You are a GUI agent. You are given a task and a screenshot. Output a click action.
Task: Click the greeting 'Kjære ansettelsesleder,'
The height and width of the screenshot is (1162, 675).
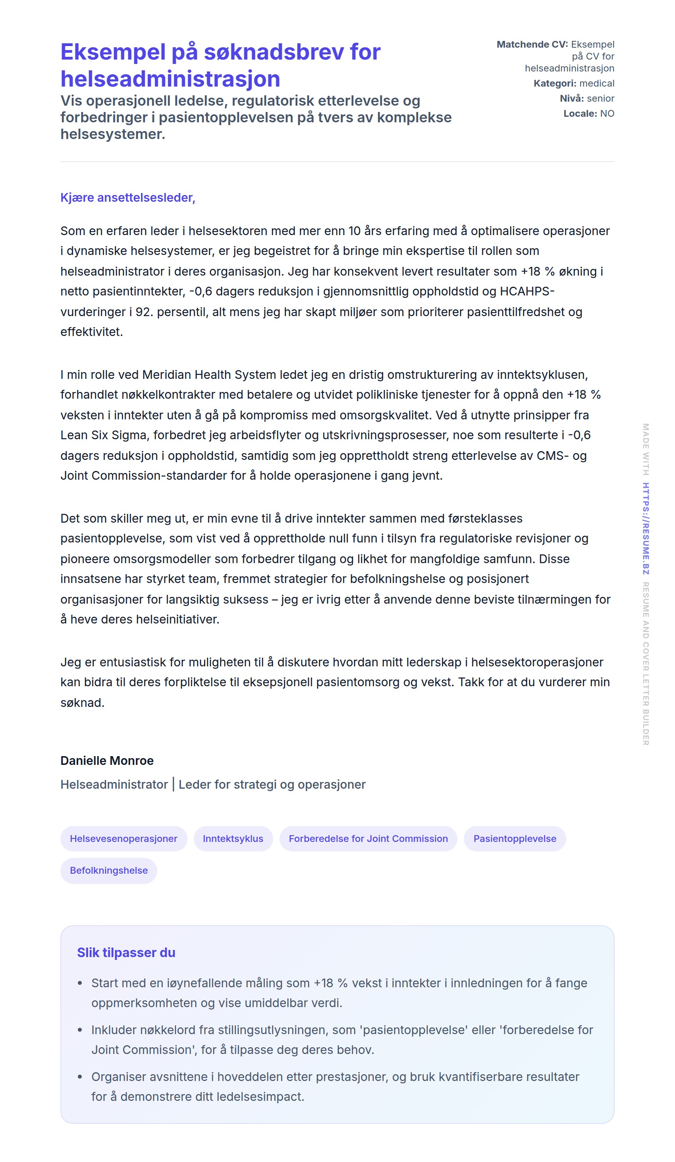point(128,197)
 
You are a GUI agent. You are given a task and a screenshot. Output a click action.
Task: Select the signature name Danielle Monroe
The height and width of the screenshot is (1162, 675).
point(107,761)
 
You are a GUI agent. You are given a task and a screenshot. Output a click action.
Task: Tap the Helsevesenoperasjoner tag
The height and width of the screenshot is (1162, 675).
point(123,838)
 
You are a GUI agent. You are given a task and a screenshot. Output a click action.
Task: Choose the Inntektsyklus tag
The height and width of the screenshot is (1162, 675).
point(233,838)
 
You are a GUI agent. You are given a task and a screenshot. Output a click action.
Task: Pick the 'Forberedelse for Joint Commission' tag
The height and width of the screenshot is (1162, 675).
point(368,838)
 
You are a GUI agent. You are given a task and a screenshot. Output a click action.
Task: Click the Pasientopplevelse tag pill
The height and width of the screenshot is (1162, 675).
point(515,838)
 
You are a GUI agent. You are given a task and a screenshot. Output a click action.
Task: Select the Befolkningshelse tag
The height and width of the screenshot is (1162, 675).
point(109,870)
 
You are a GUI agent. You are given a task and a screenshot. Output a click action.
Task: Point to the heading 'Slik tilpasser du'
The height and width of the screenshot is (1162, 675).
point(126,952)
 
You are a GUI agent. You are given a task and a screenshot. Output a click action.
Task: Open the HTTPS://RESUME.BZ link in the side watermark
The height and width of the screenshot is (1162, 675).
point(646,528)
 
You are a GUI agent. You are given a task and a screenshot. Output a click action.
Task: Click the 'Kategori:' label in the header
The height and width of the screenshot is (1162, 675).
point(555,83)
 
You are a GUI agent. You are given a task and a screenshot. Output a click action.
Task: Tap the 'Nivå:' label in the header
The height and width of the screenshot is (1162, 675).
point(571,98)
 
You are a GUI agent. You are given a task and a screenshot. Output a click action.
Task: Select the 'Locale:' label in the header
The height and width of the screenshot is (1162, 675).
point(580,114)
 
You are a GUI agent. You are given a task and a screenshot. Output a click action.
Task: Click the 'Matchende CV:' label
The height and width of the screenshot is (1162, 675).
point(532,44)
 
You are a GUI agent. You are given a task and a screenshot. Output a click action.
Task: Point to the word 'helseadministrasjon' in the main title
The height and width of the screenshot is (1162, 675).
point(170,79)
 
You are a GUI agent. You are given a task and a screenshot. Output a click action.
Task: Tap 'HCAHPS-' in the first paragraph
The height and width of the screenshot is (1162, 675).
point(527,291)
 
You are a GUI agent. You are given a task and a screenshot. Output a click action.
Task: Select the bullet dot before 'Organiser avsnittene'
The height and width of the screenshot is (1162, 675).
point(80,1077)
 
